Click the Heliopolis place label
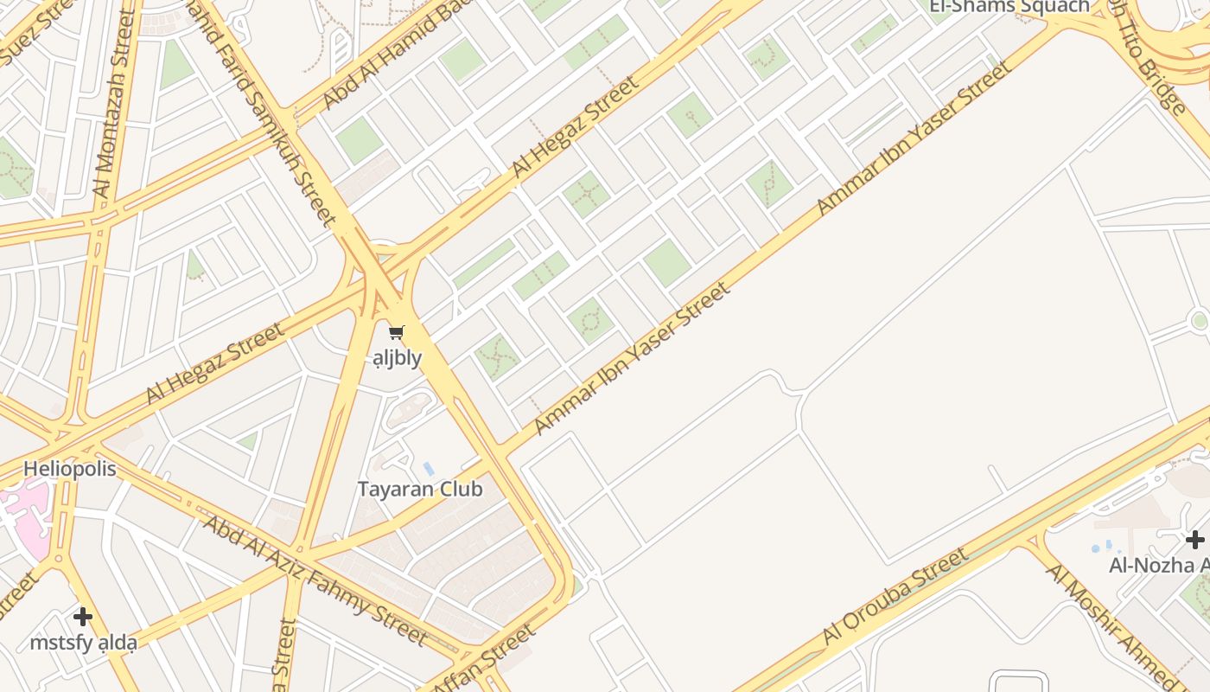point(69,469)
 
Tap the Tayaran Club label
point(420,489)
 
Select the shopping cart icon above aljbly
point(397,333)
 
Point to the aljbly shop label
point(398,357)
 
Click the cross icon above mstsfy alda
point(83,617)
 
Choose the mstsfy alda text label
point(83,643)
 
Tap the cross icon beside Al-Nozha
point(1194,541)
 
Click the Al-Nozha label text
point(1158,566)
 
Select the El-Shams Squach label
point(1009,7)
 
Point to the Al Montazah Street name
point(115,104)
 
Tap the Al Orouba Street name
point(895,597)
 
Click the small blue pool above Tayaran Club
point(429,469)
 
